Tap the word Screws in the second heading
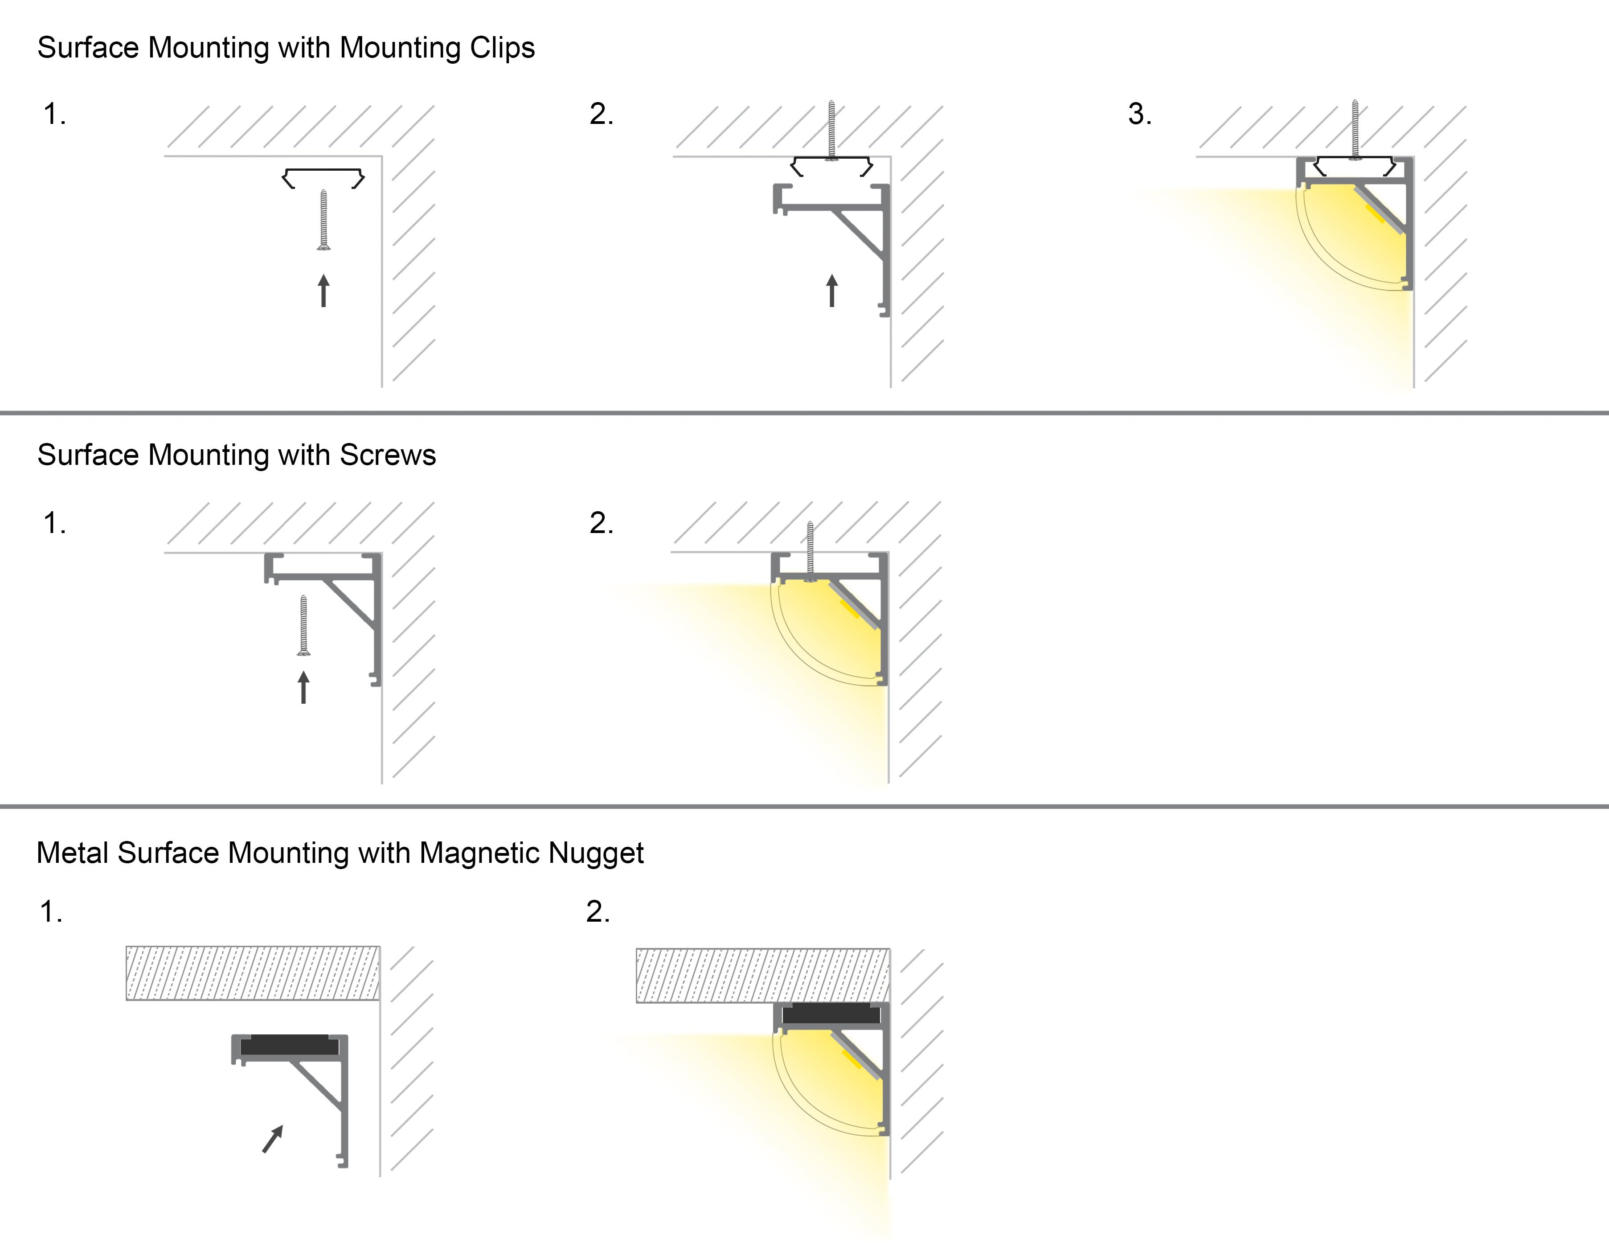click(x=388, y=455)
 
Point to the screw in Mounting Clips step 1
click(x=323, y=220)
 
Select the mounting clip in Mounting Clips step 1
click(x=323, y=177)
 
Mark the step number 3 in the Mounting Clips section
click(x=1139, y=114)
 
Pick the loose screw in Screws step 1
click(x=303, y=625)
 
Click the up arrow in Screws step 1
click(x=303, y=687)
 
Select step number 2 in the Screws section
click(x=601, y=523)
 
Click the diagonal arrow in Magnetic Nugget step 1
click(x=273, y=1138)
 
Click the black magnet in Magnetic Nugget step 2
click(x=831, y=1014)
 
